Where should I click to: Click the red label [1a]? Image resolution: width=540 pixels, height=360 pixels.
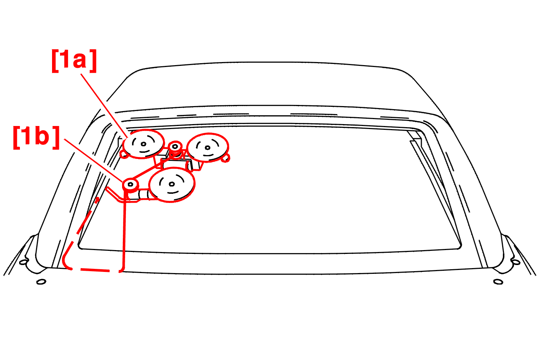(x=74, y=61)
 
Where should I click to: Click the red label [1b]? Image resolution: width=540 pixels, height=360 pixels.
(x=36, y=137)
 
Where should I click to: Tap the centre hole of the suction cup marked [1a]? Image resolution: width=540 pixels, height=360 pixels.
(x=144, y=144)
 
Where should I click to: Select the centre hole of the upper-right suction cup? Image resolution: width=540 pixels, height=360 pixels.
(x=207, y=147)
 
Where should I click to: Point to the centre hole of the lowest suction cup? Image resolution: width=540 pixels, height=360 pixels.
(x=171, y=184)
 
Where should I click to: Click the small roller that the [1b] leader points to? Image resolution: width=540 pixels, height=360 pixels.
(x=131, y=185)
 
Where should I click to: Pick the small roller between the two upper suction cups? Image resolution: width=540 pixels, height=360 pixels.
(x=175, y=146)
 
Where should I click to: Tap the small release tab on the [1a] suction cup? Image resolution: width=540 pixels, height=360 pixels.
(x=124, y=155)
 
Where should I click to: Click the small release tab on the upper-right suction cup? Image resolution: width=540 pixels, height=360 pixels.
(x=226, y=158)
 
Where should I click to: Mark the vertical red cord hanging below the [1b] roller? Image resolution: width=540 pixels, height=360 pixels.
(x=124, y=229)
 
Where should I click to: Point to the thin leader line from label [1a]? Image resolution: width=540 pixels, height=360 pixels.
(x=104, y=106)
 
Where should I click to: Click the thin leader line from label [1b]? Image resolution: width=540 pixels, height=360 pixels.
(x=93, y=160)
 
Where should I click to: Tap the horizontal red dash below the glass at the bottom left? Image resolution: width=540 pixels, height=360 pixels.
(x=95, y=270)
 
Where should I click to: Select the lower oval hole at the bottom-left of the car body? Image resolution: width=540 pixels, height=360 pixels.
(x=41, y=282)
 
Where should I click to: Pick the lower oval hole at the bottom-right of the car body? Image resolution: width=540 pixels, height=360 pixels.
(x=498, y=282)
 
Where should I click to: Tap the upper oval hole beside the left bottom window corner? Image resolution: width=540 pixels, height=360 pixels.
(x=23, y=262)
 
